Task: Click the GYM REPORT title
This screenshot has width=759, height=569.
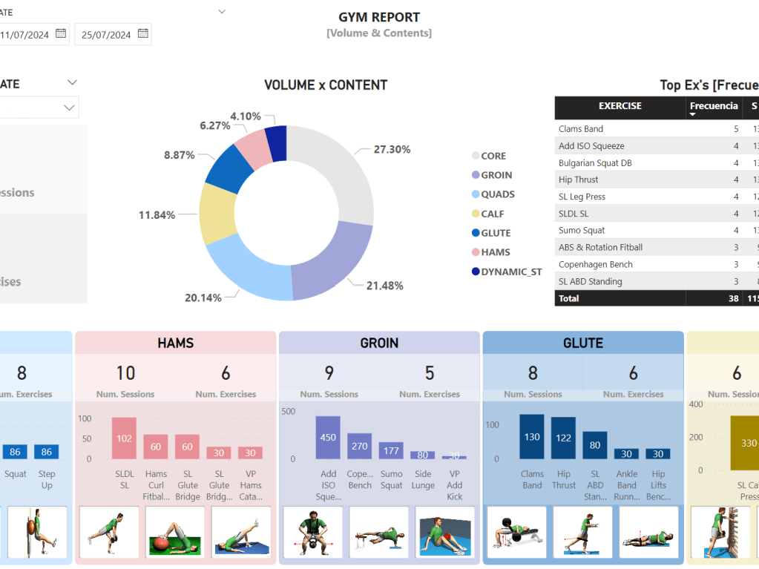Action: pos(379,17)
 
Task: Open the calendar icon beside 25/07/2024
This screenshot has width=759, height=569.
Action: pos(143,33)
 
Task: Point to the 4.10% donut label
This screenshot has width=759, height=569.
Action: pos(246,116)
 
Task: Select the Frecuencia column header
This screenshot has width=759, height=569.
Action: pos(714,106)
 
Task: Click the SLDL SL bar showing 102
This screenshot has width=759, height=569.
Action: pos(124,438)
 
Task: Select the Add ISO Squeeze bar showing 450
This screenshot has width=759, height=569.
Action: pos(328,437)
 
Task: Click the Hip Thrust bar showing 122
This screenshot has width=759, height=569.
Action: pos(564,438)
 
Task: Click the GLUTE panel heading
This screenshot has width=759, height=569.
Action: pos(583,343)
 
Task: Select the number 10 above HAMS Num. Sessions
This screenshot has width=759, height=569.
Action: pos(125,372)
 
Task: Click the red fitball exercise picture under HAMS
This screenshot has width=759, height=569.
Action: pos(175,532)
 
